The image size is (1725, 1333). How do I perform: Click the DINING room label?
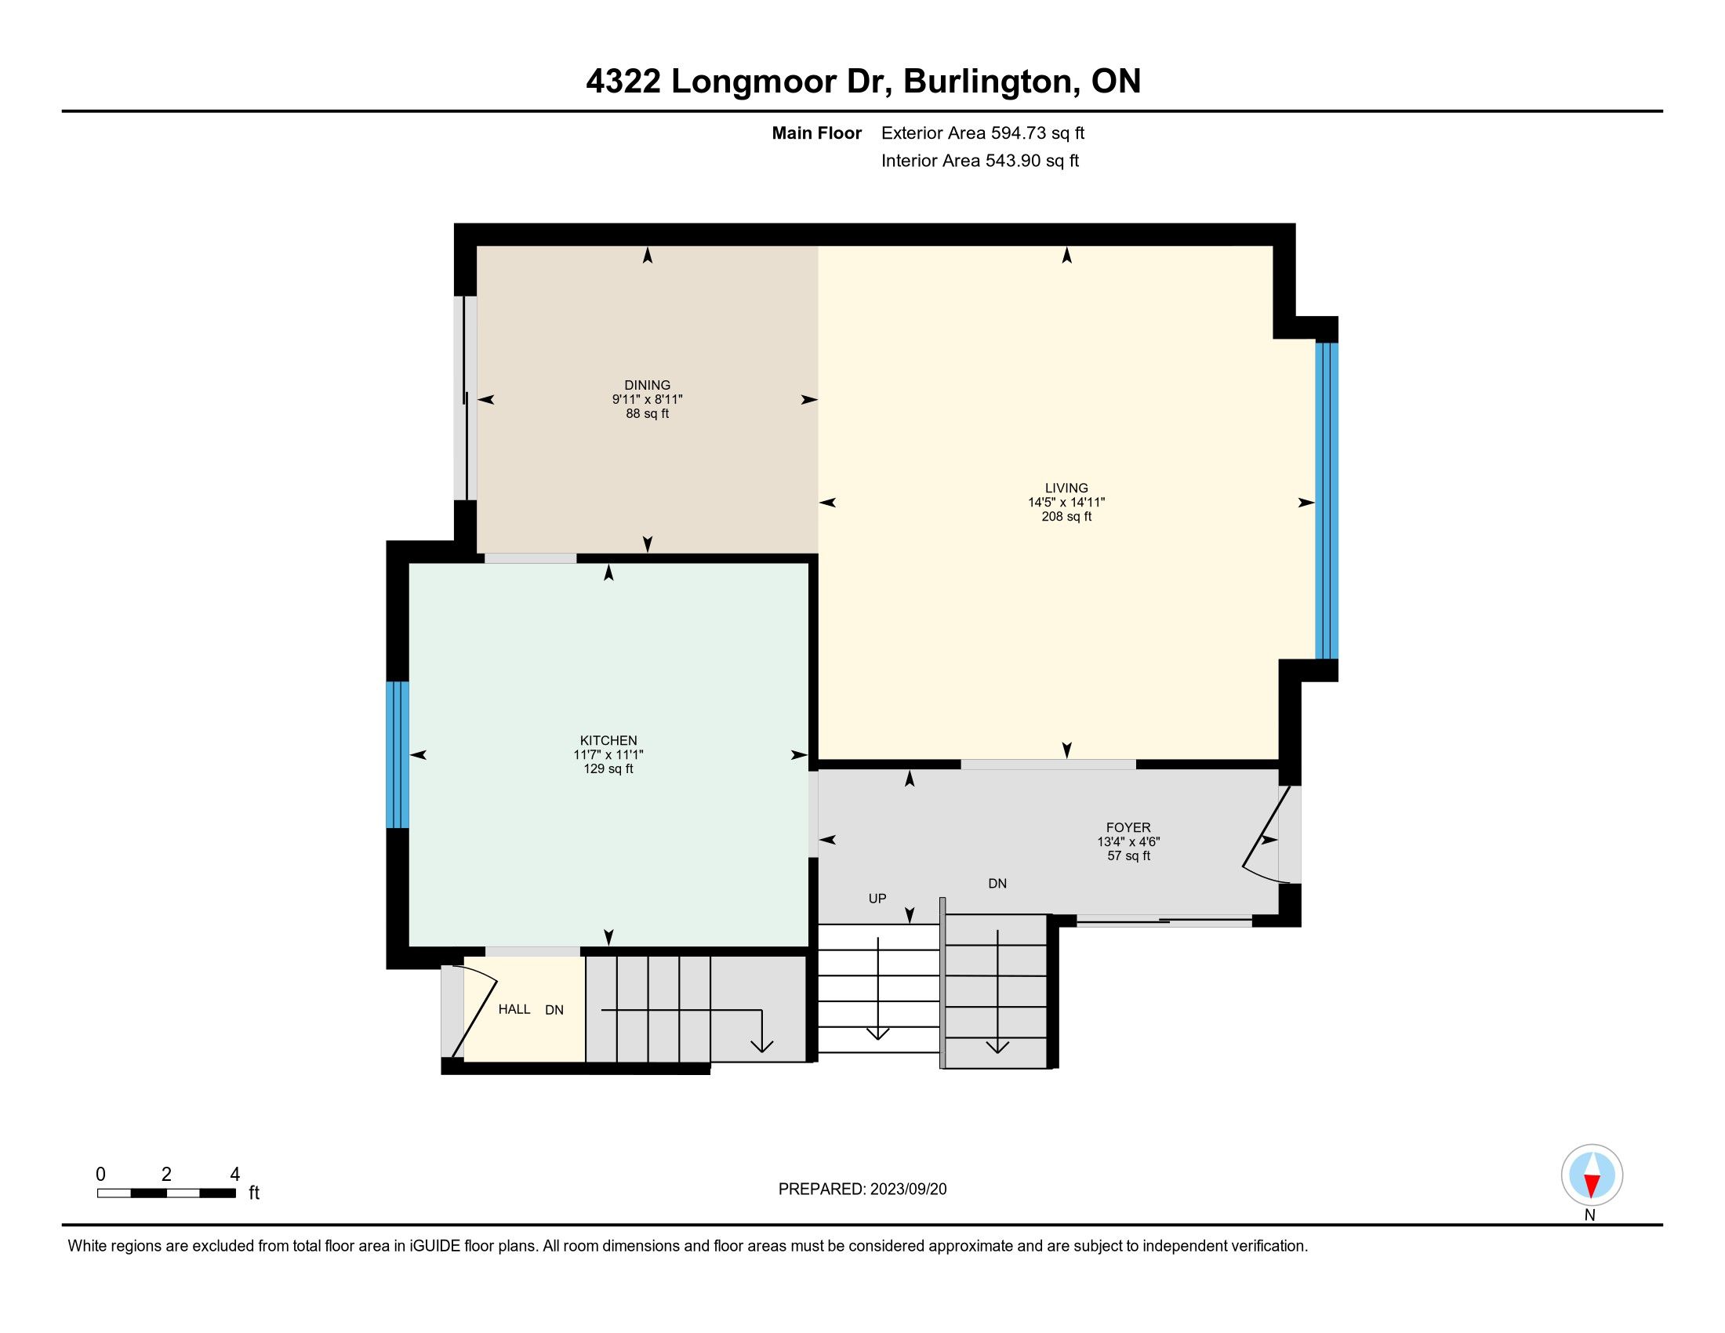coord(647,385)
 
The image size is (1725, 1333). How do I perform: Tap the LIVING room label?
coord(1066,488)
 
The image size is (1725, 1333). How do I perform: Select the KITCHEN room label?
coord(608,740)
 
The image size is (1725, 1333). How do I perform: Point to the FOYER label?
coord(1128,827)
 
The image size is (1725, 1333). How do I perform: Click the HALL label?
coord(514,1009)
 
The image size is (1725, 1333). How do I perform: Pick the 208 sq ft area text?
coord(1066,517)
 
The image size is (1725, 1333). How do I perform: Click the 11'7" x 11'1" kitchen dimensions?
coord(608,754)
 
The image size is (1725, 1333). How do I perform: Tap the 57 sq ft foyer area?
coord(1128,855)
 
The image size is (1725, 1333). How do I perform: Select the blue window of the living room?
coord(1327,501)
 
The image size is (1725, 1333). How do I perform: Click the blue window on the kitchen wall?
coord(398,754)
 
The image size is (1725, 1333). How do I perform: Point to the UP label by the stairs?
coord(877,898)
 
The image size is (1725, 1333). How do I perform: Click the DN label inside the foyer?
coord(997,884)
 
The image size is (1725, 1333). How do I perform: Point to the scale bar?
coord(167,1193)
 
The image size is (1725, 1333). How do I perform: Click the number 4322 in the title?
coord(623,82)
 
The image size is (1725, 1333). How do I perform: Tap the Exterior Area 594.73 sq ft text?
coord(982,133)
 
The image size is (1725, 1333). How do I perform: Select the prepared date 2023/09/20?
coord(908,1190)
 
